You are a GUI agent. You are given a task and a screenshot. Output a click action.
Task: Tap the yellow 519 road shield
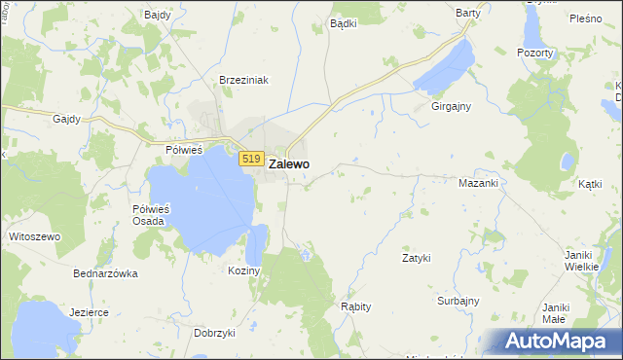[251, 159]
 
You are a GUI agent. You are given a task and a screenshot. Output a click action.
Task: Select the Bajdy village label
[157, 16]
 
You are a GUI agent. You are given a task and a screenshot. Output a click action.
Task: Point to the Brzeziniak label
[243, 81]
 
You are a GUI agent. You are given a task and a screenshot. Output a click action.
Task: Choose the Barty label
[468, 13]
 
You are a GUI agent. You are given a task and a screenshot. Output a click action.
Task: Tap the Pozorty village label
[535, 52]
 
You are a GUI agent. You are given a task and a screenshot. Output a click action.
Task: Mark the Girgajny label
[452, 108]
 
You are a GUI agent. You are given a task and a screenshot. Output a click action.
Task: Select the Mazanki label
[478, 183]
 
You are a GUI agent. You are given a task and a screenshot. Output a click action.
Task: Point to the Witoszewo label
[34, 236]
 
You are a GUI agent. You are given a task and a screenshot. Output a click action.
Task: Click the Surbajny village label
[458, 301]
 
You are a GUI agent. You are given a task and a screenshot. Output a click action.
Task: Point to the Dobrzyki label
[215, 333]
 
